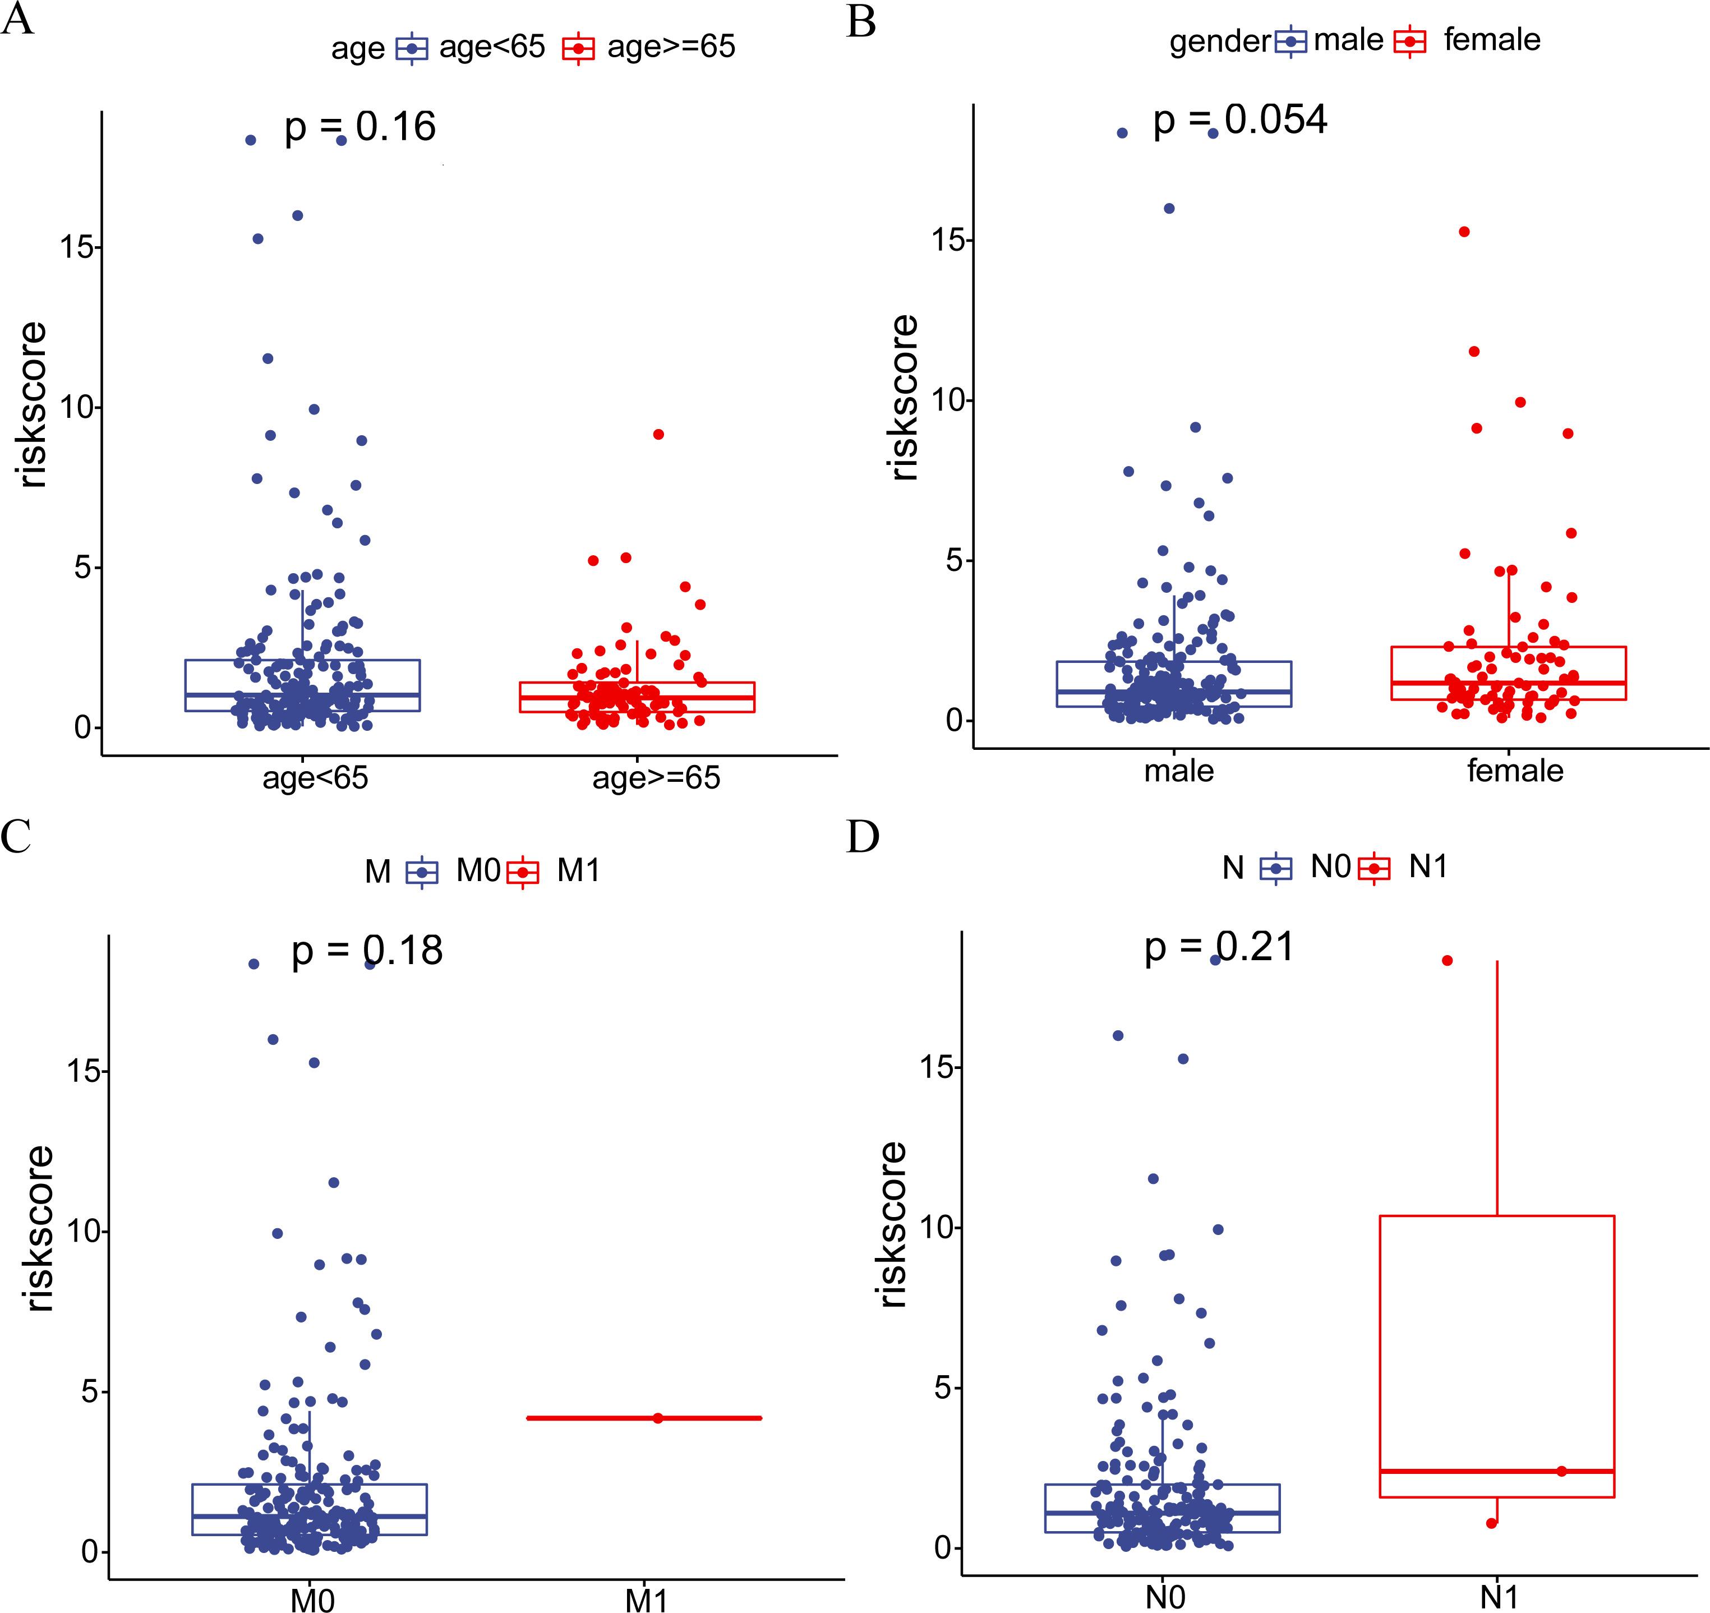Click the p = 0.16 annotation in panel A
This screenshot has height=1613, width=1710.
pos(361,127)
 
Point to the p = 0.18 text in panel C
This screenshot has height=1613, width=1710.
pos(367,951)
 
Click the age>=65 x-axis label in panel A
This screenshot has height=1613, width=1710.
pos(656,778)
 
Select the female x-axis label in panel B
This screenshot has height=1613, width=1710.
pos(1515,770)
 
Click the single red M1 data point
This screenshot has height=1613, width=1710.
pos(658,1418)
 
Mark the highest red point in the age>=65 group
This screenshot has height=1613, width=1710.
pos(658,435)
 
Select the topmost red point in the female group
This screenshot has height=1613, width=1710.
pos(1464,232)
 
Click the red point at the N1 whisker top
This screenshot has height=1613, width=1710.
pos(1447,960)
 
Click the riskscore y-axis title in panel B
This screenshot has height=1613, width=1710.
pos(904,398)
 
